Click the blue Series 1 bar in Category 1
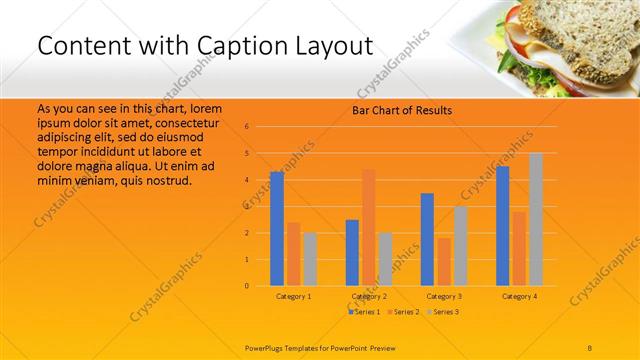click(x=277, y=229)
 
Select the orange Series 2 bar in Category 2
click(x=368, y=227)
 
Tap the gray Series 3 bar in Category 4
click(x=536, y=219)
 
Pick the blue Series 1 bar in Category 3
click(x=427, y=239)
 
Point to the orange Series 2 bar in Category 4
click(x=519, y=248)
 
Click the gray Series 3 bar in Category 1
click(x=310, y=259)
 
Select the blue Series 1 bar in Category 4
click(x=502, y=226)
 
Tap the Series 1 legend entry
click(x=365, y=313)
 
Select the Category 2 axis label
click(x=368, y=297)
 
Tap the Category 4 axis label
click(x=519, y=297)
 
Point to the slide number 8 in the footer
click(x=591, y=346)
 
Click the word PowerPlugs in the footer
click(x=267, y=346)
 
